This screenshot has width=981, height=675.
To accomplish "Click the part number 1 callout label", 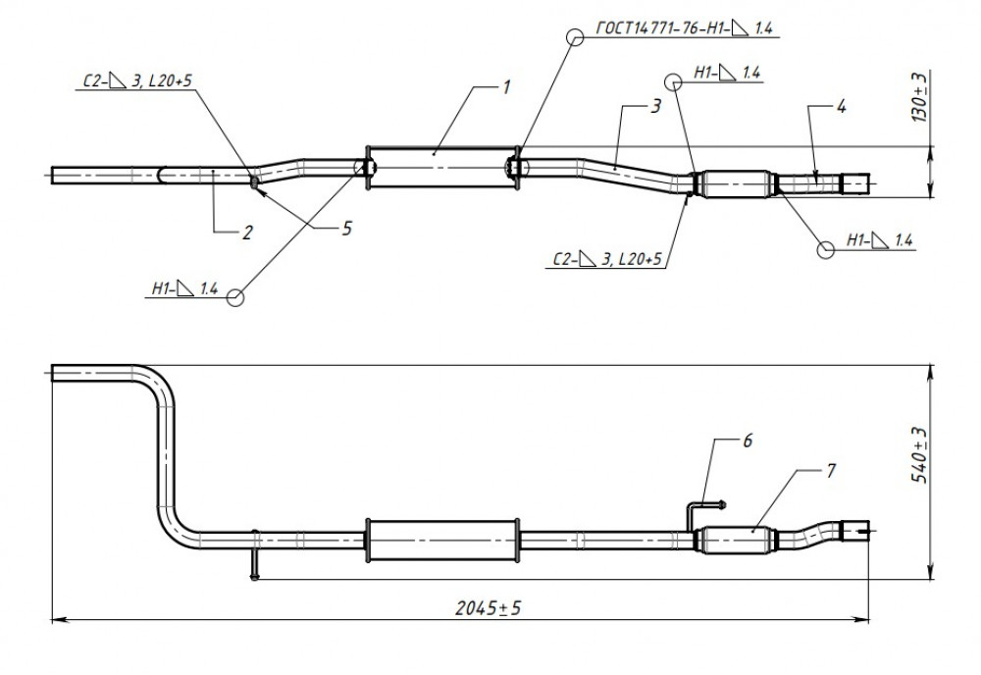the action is coord(507,87).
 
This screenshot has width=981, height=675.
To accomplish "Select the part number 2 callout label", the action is coord(248,233).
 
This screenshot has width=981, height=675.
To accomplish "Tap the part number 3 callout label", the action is coord(655,106).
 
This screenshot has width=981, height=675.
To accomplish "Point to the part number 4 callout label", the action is coord(842,106).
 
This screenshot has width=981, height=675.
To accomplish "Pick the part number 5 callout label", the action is coord(347,229).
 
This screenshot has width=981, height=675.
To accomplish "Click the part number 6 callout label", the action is coord(747,441).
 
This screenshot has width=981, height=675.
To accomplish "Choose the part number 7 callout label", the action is coord(831,471).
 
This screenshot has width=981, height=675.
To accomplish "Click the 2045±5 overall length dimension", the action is coord(488,607).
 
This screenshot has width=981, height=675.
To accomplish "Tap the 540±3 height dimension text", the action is coord(919,455).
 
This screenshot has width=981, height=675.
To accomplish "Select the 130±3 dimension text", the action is coord(919,97).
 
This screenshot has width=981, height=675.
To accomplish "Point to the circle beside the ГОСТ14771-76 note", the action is coord(576,37).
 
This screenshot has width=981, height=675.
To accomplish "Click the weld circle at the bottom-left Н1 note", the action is coord(235,298).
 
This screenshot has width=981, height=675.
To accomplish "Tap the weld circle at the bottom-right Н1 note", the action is coord(826,249).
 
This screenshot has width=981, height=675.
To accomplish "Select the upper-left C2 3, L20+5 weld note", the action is coord(137,80).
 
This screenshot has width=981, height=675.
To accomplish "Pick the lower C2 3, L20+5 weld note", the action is coord(607,259).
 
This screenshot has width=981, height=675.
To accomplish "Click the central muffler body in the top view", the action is coord(442,167).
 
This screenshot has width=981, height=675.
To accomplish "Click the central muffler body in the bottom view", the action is coord(442,540).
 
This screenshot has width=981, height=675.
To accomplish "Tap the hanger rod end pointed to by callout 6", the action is coord(723,503).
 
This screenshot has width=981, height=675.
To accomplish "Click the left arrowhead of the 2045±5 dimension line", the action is coord(58,620).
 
